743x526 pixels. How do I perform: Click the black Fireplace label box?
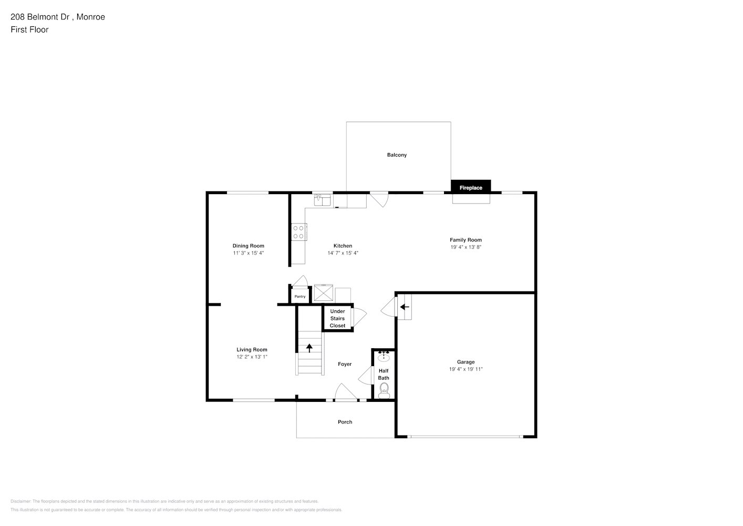471,186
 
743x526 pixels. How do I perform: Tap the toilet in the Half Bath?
384,390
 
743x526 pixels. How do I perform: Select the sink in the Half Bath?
384,357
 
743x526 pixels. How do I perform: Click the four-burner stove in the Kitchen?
298,232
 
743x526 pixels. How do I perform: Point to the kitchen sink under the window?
323,200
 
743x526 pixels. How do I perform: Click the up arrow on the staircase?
309,348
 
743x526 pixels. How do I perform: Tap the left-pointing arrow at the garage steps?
404,307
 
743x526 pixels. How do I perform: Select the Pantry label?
300,297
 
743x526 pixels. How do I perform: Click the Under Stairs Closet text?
337,318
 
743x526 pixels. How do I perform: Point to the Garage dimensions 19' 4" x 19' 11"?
466,369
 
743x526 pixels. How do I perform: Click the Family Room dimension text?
466,247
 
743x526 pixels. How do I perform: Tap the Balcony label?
397,155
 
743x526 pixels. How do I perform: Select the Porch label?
345,422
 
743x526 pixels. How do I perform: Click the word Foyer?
345,364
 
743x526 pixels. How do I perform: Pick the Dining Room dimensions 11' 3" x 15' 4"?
249,253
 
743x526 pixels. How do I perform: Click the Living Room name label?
252,349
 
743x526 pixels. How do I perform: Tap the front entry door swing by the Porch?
346,392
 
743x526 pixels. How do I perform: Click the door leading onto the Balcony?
379,199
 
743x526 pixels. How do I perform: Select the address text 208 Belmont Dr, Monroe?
58,17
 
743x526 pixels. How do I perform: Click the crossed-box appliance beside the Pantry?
323,292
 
